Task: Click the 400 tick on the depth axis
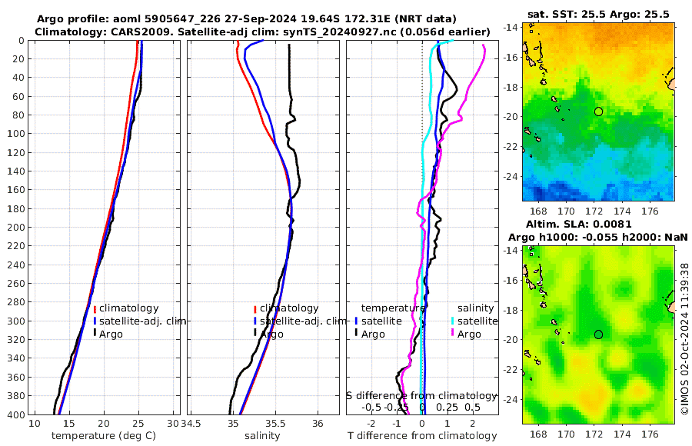pyautogui.click(x=16, y=414)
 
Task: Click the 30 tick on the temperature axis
pyautogui.click(x=173, y=424)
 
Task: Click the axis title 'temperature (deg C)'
pyautogui.click(x=103, y=435)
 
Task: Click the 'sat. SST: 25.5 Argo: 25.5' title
pyautogui.click(x=599, y=14)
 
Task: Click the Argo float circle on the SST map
pyautogui.click(x=599, y=111)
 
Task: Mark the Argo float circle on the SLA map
pyautogui.click(x=599, y=334)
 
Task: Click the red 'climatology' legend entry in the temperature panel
pyautogui.click(x=131, y=308)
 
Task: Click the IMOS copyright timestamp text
pyautogui.click(x=685, y=339)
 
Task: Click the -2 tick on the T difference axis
pyautogui.click(x=372, y=424)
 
